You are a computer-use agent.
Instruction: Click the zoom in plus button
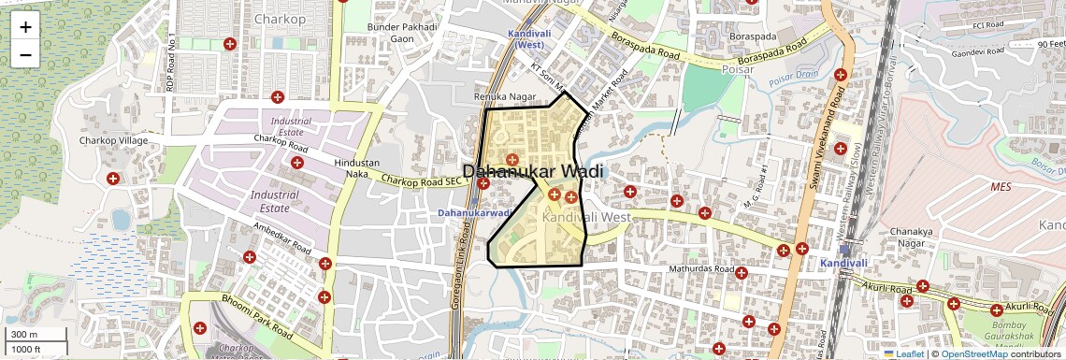25,26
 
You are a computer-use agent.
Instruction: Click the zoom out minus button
25,54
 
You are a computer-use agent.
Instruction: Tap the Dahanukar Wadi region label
533,172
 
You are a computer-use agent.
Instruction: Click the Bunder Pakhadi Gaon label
402,33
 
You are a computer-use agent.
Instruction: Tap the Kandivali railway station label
844,264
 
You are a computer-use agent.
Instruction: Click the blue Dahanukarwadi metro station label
473,213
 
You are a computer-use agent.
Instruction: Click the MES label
1001,187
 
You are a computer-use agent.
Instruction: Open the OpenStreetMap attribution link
981,354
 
